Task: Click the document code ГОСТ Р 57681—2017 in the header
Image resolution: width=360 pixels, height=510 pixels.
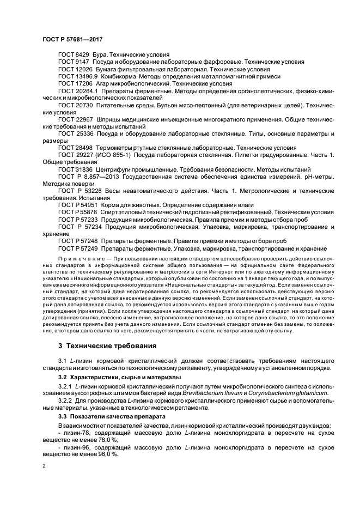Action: coord(72,40)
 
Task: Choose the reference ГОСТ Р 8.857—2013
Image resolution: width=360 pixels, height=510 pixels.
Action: coord(93,177)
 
